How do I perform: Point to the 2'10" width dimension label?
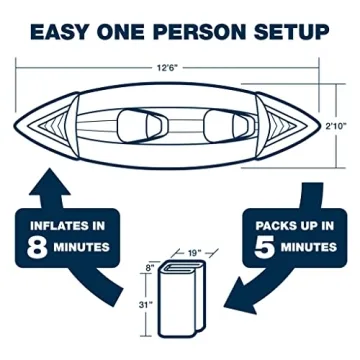(342, 126)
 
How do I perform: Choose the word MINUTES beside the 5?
(303, 246)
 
